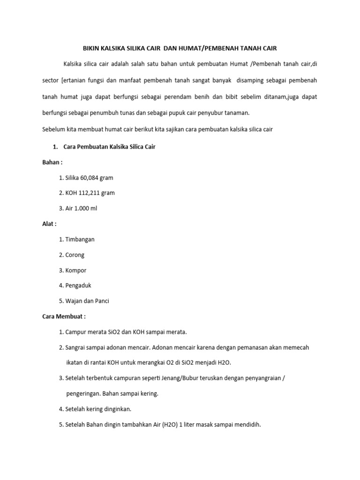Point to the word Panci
tap(101, 301)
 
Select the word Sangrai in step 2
tap(76, 347)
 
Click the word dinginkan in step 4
tap(115, 409)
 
